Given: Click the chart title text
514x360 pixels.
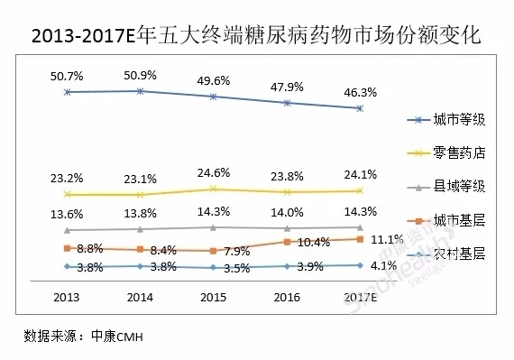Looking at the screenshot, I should tap(256, 37).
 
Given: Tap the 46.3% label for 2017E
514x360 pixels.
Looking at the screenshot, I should tap(360, 91).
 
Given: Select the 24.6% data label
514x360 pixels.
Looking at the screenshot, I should tap(213, 172).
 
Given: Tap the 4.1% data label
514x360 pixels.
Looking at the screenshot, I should tap(384, 265).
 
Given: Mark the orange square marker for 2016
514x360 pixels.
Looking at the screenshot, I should tap(287, 242).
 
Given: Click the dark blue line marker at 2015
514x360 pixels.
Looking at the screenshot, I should tap(213, 97).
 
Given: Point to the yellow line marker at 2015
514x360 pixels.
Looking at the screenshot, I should tap(213, 189).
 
